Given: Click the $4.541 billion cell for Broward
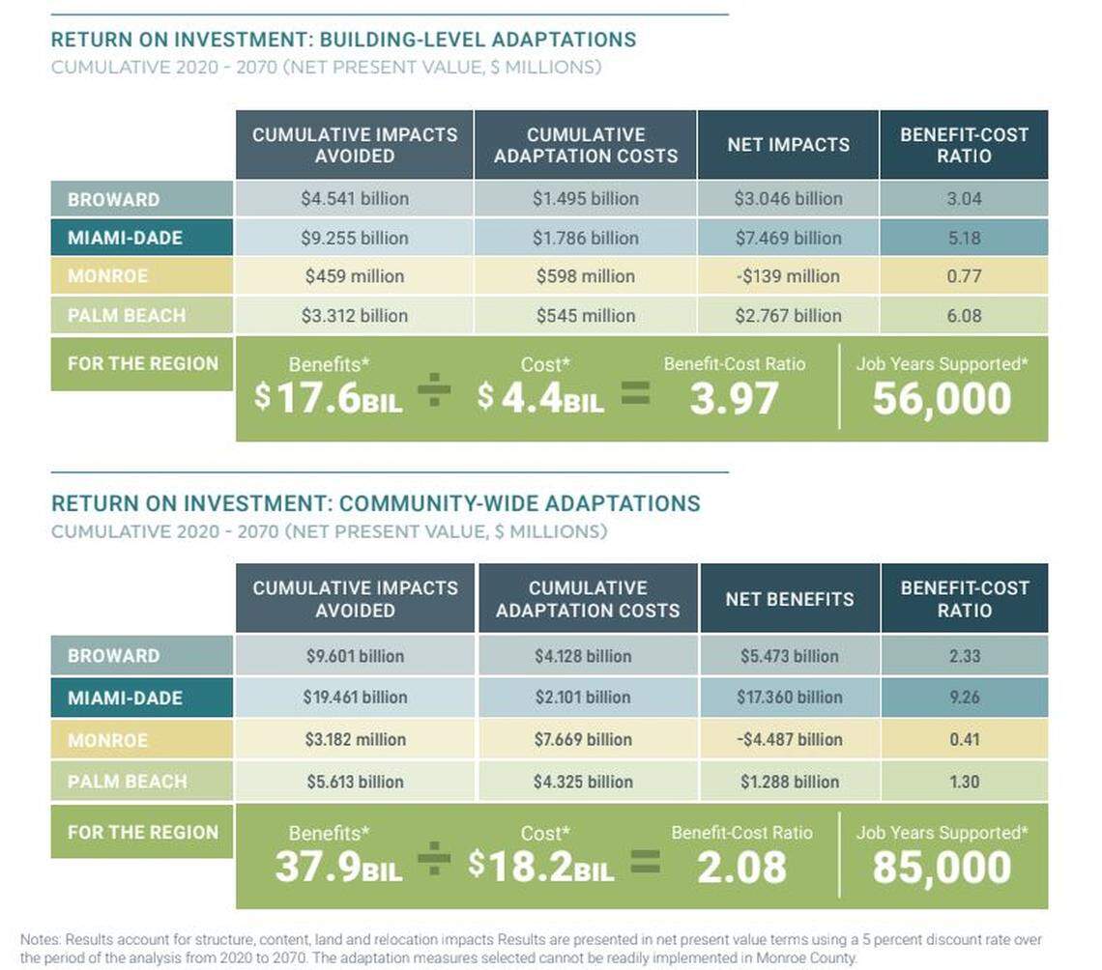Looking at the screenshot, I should [354, 199].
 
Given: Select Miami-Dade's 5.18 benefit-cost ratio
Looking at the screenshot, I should [964, 238].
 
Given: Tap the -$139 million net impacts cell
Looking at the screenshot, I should [788, 276].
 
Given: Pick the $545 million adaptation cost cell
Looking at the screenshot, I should [585, 315].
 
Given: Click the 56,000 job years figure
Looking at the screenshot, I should [942, 398].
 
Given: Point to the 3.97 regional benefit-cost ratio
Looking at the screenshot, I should [734, 398].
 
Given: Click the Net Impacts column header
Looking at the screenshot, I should [788, 145].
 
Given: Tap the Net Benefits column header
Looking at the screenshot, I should [789, 599].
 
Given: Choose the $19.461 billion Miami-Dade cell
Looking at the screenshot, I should [355, 697].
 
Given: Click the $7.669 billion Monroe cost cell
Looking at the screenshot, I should [583, 739].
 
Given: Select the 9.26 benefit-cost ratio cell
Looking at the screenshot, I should [964, 697].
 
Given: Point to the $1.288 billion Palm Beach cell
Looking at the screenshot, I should [789, 782].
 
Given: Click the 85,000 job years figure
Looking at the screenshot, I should [942, 867].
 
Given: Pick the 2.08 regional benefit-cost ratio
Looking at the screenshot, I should [741, 867].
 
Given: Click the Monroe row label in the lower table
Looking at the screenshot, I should [107, 740].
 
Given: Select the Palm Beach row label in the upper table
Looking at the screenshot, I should [126, 315].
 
